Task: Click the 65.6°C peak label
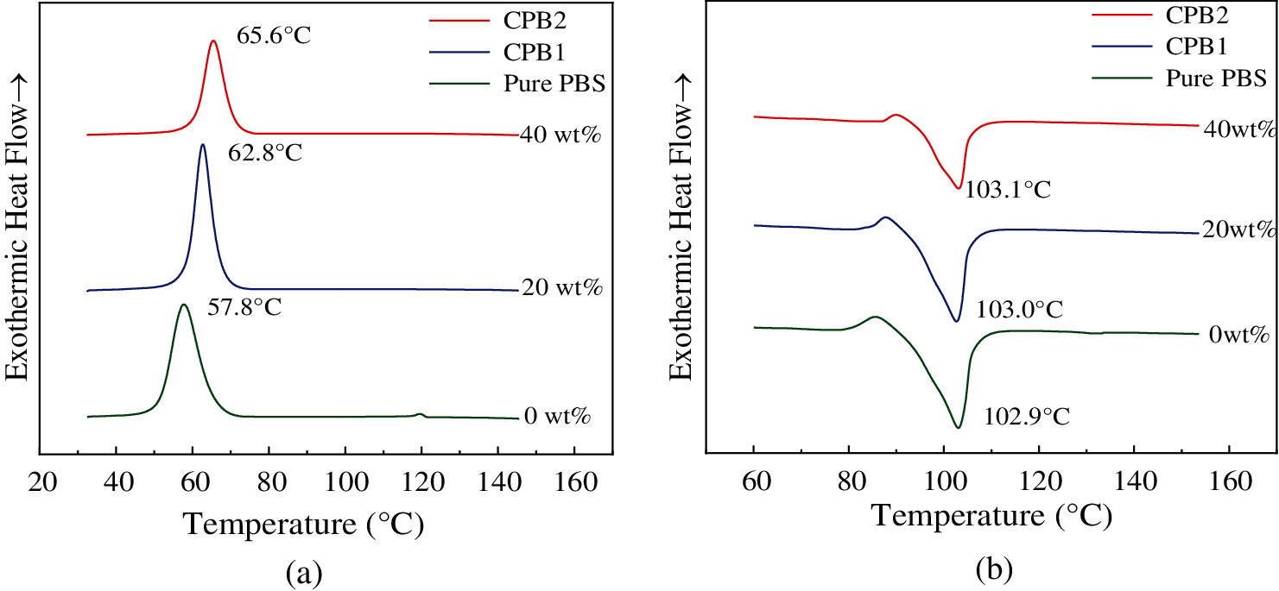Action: (x=273, y=39)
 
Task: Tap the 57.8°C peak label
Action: (x=244, y=307)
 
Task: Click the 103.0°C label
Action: (x=1020, y=309)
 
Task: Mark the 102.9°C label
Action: (x=1027, y=417)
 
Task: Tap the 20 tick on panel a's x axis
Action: (x=41, y=480)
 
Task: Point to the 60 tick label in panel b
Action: (x=753, y=479)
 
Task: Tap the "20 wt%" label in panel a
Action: (x=561, y=287)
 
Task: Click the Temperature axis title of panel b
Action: (x=991, y=516)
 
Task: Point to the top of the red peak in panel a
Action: (x=213, y=41)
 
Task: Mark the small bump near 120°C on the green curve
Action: (x=420, y=414)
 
